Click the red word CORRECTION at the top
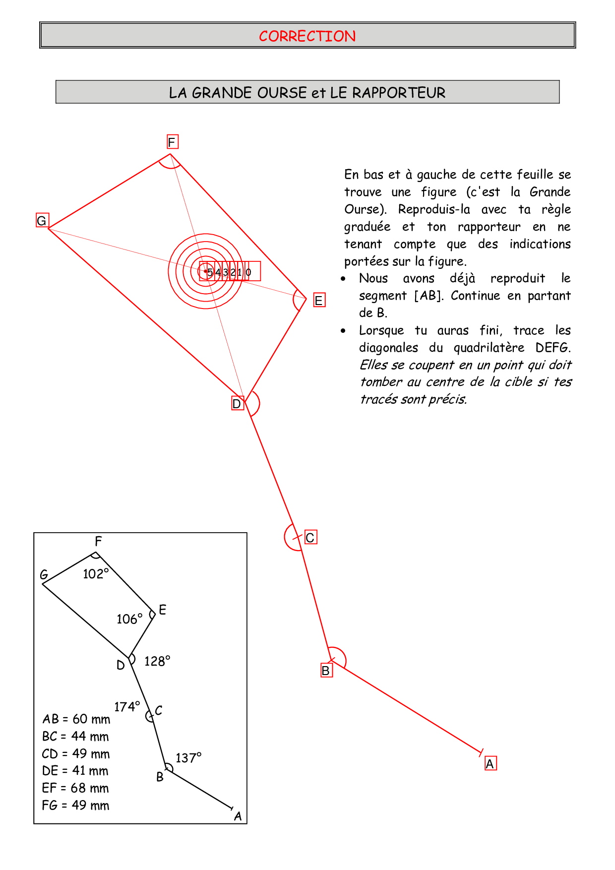coord(307,36)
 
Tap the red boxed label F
coord(172,142)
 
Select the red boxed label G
coord(42,221)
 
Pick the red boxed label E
coord(319,300)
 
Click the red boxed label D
coord(237,404)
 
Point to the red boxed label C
coord(310,538)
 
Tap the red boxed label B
coord(326,671)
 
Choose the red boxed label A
coord(490,764)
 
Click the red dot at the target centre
coord(205,271)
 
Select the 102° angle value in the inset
coord(96,574)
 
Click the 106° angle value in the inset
coord(129,619)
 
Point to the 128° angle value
coord(157,661)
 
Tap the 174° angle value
coord(127,707)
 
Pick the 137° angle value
coord(188,758)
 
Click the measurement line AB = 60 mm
coord(76,719)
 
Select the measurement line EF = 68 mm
coord(75,788)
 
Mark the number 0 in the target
coord(248,272)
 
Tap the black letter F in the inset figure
coord(98,541)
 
